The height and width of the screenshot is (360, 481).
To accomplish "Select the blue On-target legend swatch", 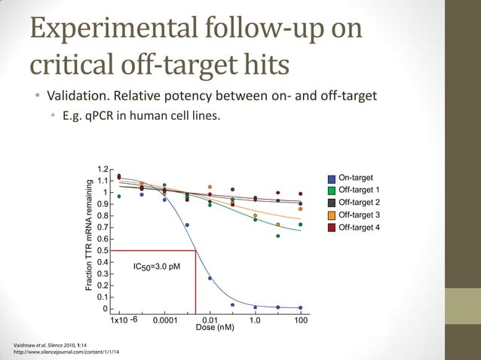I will (332, 178).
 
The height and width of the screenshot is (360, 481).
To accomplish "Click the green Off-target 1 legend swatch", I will (332, 191).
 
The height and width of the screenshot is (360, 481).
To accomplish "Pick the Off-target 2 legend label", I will (359, 203).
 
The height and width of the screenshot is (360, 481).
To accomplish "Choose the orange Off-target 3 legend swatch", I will (332, 215).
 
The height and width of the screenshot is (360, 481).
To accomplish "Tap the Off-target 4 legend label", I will (359, 227).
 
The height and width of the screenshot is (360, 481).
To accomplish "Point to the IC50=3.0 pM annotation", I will (156, 267).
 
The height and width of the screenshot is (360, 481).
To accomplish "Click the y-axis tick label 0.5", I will (103, 250).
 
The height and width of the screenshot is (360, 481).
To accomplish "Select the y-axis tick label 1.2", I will (103, 169).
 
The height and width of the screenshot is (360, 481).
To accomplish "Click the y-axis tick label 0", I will (105, 309).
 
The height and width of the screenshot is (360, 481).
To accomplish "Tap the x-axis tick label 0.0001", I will (165, 319).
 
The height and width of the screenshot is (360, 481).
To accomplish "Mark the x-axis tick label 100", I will (301, 319).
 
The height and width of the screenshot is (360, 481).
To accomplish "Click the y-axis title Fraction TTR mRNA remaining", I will (88, 236).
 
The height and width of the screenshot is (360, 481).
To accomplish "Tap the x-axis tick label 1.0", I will (256, 319).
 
